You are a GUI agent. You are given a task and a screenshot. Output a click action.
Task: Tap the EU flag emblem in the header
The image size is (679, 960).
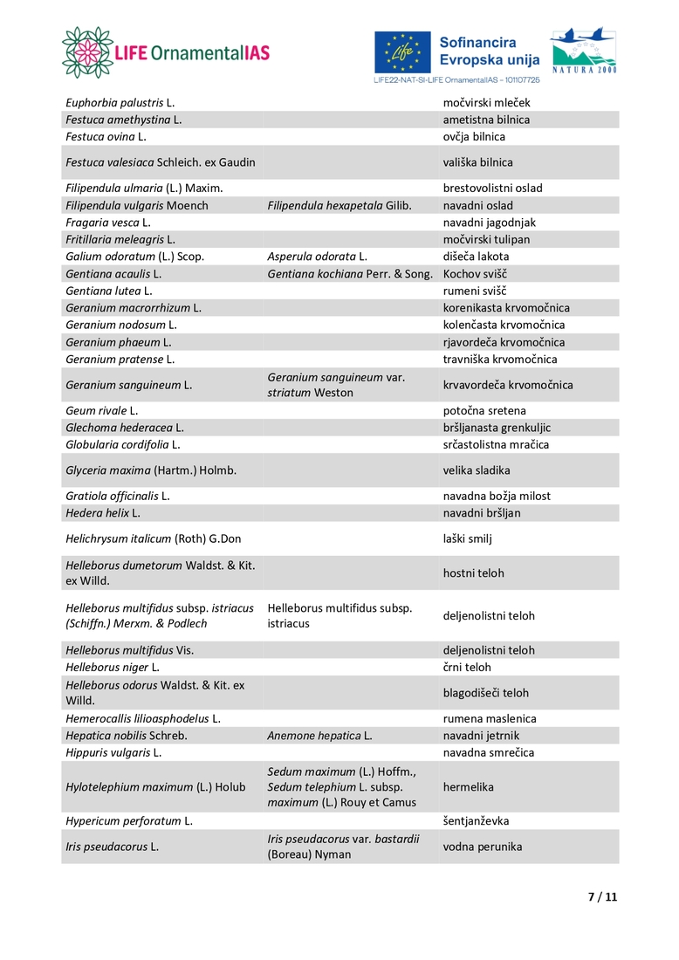click(x=402, y=52)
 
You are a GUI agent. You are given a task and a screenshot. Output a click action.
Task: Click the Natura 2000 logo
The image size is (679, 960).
click(x=583, y=50)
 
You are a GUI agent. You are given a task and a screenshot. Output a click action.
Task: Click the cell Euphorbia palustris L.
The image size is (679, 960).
click(x=120, y=103)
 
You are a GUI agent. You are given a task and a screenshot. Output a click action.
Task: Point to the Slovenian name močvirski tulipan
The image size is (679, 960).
click(x=486, y=239)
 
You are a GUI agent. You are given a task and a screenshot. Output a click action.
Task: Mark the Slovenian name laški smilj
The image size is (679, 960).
click(x=468, y=538)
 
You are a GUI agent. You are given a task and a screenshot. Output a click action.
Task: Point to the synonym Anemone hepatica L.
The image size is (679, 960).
click(x=319, y=736)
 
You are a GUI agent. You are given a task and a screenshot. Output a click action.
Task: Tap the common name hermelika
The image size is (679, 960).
click(x=469, y=787)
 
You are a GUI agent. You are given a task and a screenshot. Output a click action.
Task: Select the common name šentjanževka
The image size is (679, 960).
click(x=476, y=821)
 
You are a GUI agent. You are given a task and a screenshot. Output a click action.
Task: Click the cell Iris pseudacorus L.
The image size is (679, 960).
click(x=112, y=847)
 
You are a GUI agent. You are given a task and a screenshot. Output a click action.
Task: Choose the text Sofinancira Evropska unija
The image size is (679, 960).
click(x=490, y=51)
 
